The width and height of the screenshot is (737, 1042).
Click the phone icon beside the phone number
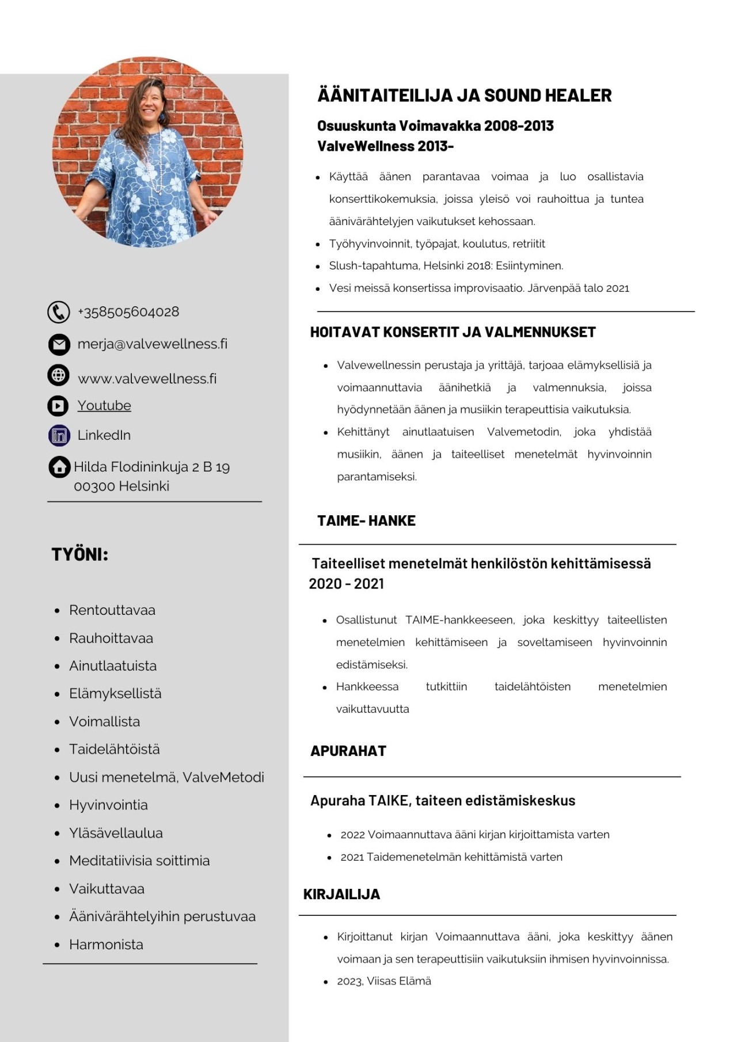point(58,312)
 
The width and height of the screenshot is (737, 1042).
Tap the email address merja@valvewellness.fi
point(152,344)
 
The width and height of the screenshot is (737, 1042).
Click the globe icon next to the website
point(58,375)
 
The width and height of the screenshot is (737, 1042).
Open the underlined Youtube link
point(104,405)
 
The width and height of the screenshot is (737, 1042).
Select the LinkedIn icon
point(59,435)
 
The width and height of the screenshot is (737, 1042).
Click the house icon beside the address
point(59,467)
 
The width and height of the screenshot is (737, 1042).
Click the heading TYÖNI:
point(80,554)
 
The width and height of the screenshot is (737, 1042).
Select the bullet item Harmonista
point(106,944)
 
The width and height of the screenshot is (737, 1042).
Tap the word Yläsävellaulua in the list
point(116,833)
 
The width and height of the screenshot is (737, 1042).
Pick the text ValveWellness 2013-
point(385,146)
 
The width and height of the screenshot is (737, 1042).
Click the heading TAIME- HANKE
point(366,520)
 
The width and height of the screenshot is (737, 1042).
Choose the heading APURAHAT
point(348,751)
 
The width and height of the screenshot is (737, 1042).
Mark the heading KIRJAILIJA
point(341,894)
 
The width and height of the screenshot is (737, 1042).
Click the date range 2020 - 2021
point(346,584)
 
